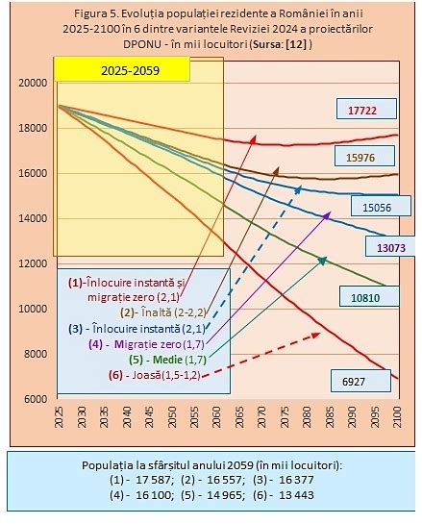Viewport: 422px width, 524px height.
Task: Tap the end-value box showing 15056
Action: (x=370, y=206)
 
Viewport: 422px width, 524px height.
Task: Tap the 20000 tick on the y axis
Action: (x=33, y=83)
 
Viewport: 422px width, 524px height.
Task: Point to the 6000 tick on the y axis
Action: (x=33, y=399)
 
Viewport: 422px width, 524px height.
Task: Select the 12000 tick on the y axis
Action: (x=33, y=263)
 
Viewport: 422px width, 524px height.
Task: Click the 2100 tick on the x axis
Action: (x=398, y=418)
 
